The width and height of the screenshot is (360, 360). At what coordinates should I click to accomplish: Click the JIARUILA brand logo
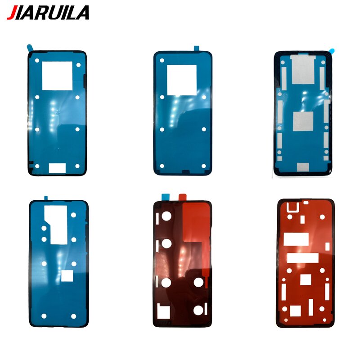click(48, 12)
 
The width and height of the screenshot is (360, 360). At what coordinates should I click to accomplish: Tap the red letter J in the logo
click(12, 12)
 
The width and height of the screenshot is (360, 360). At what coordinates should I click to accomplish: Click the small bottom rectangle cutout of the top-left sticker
click(57, 167)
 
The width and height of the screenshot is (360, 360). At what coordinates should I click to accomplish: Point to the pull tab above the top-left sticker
click(29, 47)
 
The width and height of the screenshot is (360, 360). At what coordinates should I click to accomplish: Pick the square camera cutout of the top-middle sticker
click(182, 80)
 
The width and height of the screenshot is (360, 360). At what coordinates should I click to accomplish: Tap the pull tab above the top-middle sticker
click(197, 47)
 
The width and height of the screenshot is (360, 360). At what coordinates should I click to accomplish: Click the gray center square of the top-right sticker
click(302, 121)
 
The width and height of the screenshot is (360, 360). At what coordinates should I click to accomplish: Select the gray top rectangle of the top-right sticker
click(303, 68)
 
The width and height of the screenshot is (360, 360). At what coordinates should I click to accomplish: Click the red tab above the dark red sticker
click(182, 196)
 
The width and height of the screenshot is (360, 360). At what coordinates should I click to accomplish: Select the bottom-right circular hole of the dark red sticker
click(198, 310)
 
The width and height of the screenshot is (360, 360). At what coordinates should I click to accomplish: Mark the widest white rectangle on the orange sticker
click(302, 258)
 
